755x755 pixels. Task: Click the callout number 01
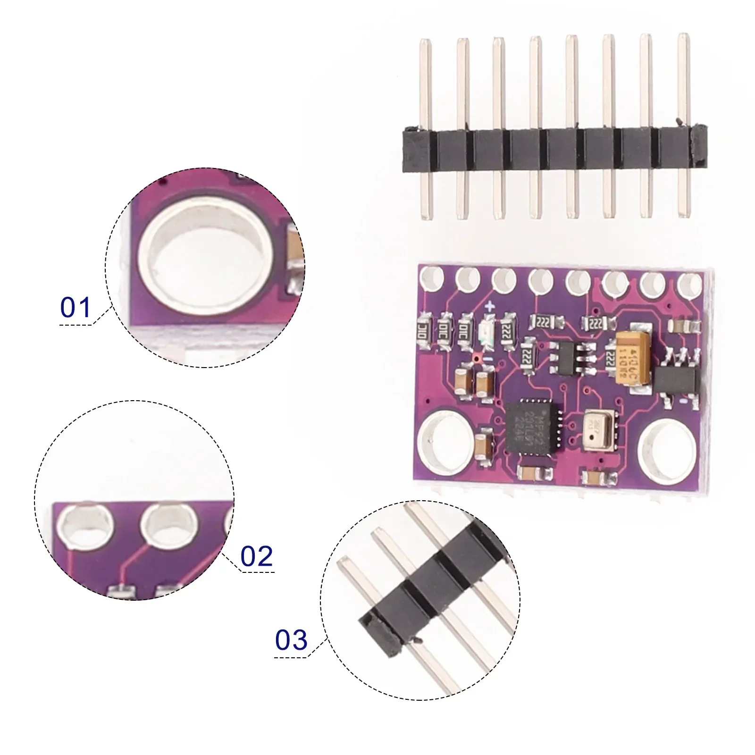(x=75, y=308)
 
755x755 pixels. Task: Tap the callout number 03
(x=291, y=640)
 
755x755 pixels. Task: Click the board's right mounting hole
(x=666, y=446)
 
